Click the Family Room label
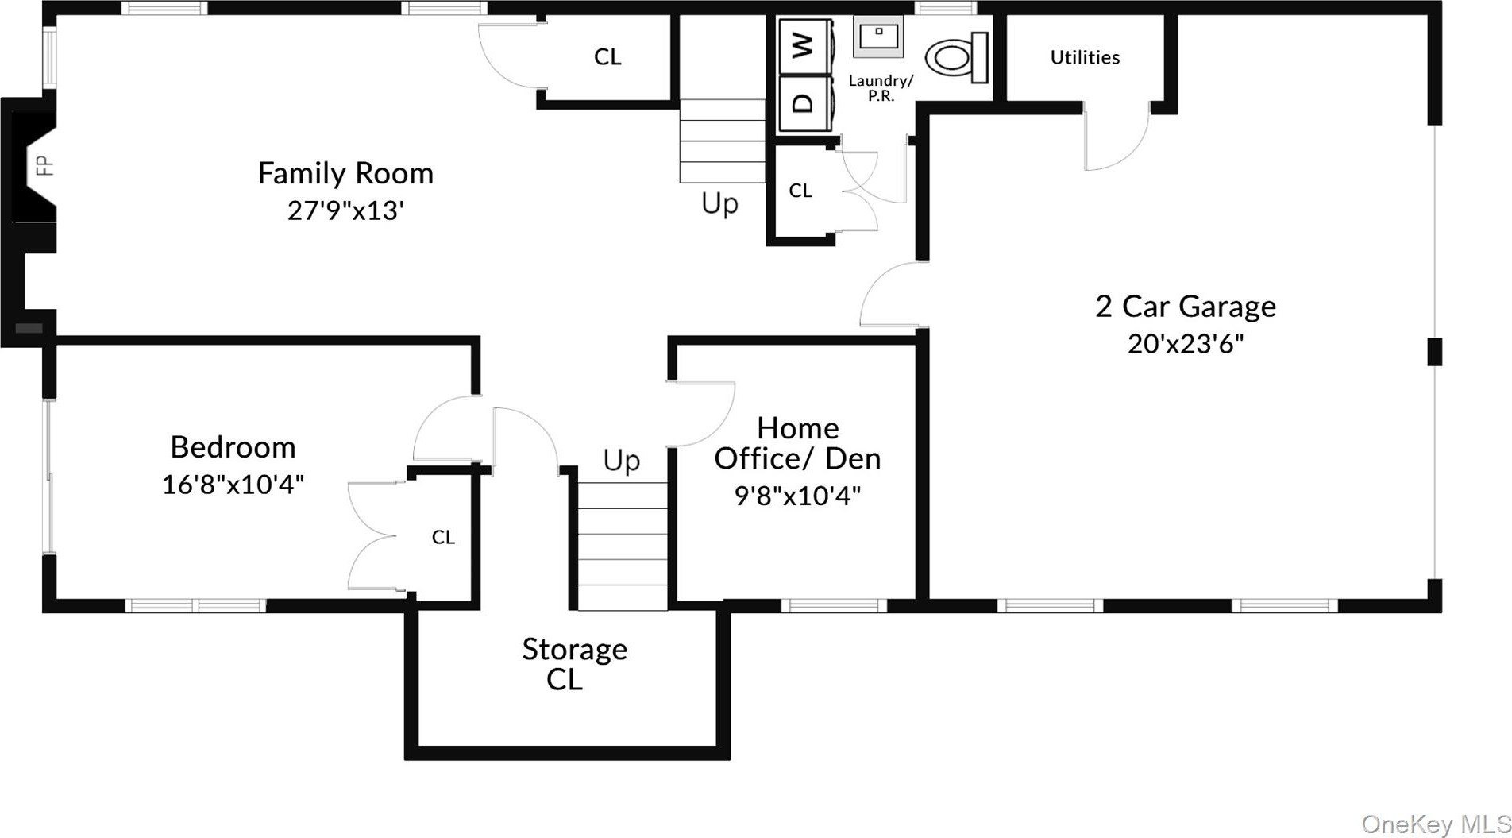345,173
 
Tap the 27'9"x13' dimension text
345,210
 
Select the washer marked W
804,45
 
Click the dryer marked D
804,102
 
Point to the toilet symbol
956,58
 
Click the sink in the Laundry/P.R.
878,37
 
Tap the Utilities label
1085,57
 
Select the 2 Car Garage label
1186,306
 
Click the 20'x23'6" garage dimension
1186,344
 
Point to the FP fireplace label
44,165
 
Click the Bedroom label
233,446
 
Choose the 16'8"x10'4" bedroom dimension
233,484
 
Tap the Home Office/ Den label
797,443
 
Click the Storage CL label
574,664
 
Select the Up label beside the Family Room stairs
719,204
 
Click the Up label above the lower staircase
621,461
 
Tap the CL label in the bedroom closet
443,538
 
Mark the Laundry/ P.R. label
881,87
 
